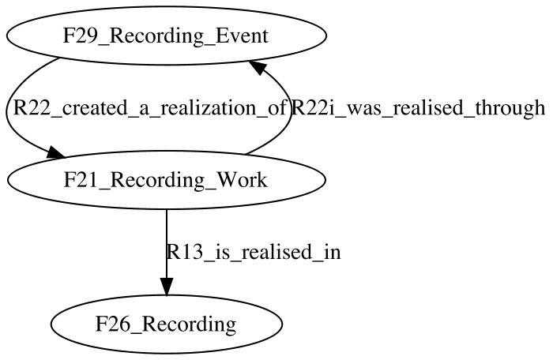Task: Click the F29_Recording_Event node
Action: tap(166, 36)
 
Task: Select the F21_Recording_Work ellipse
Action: tap(166, 180)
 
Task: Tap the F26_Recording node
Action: tap(166, 324)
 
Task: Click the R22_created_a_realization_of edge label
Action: tap(149, 108)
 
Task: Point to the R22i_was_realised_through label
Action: tap(418, 107)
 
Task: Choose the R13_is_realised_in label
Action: tap(254, 252)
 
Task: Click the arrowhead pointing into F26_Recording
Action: tap(167, 287)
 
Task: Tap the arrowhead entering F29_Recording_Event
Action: tap(258, 66)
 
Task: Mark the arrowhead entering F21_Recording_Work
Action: tap(56, 152)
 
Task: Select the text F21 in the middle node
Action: tap(78, 180)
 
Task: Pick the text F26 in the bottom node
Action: tap(110, 324)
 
